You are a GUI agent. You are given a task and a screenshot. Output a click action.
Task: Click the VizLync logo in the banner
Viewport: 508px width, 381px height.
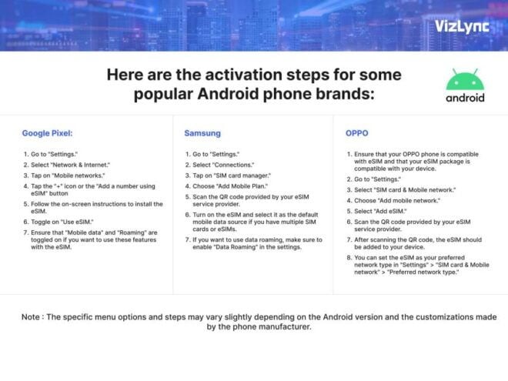point(460,25)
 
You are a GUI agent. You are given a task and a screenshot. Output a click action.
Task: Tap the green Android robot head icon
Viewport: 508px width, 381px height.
point(465,79)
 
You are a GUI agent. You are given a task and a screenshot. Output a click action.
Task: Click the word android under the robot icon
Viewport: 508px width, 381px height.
point(465,98)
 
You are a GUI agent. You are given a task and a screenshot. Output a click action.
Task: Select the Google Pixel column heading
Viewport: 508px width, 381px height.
point(47,132)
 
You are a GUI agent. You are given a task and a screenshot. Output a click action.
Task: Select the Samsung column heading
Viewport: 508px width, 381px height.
point(202,132)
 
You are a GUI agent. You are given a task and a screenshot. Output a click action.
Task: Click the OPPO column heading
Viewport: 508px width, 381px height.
point(357,132)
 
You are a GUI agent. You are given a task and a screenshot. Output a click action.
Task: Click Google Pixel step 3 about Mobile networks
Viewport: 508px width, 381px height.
point(65,175)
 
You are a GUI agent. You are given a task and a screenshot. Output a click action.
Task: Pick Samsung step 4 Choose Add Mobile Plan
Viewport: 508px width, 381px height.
point(228,186)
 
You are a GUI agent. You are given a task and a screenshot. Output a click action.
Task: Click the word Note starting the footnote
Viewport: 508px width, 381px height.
point(32,316)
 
